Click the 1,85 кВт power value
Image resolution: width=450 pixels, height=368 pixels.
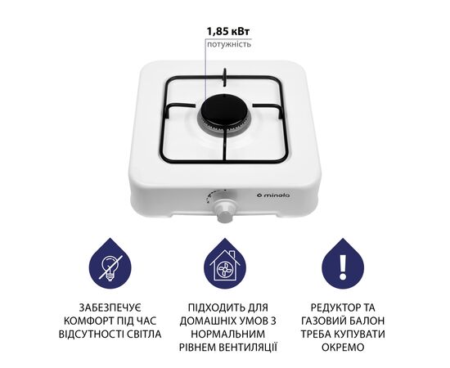click(228, 32)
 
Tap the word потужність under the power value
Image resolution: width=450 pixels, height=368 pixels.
click(229, 44)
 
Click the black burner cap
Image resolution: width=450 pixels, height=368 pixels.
click(223, 111)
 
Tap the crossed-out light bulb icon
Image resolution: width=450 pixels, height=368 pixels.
click(110, 264)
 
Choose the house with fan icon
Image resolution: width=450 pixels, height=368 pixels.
click(225, 264)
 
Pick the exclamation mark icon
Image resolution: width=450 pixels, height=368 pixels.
click(343, 264)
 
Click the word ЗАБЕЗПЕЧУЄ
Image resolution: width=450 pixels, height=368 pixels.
click(110, 307)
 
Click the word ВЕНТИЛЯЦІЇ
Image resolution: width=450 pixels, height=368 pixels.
click(248, 347)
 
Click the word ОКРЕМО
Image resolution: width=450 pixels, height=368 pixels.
click(343, 347)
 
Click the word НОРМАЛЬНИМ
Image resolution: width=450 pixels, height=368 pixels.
click(228, 334)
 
